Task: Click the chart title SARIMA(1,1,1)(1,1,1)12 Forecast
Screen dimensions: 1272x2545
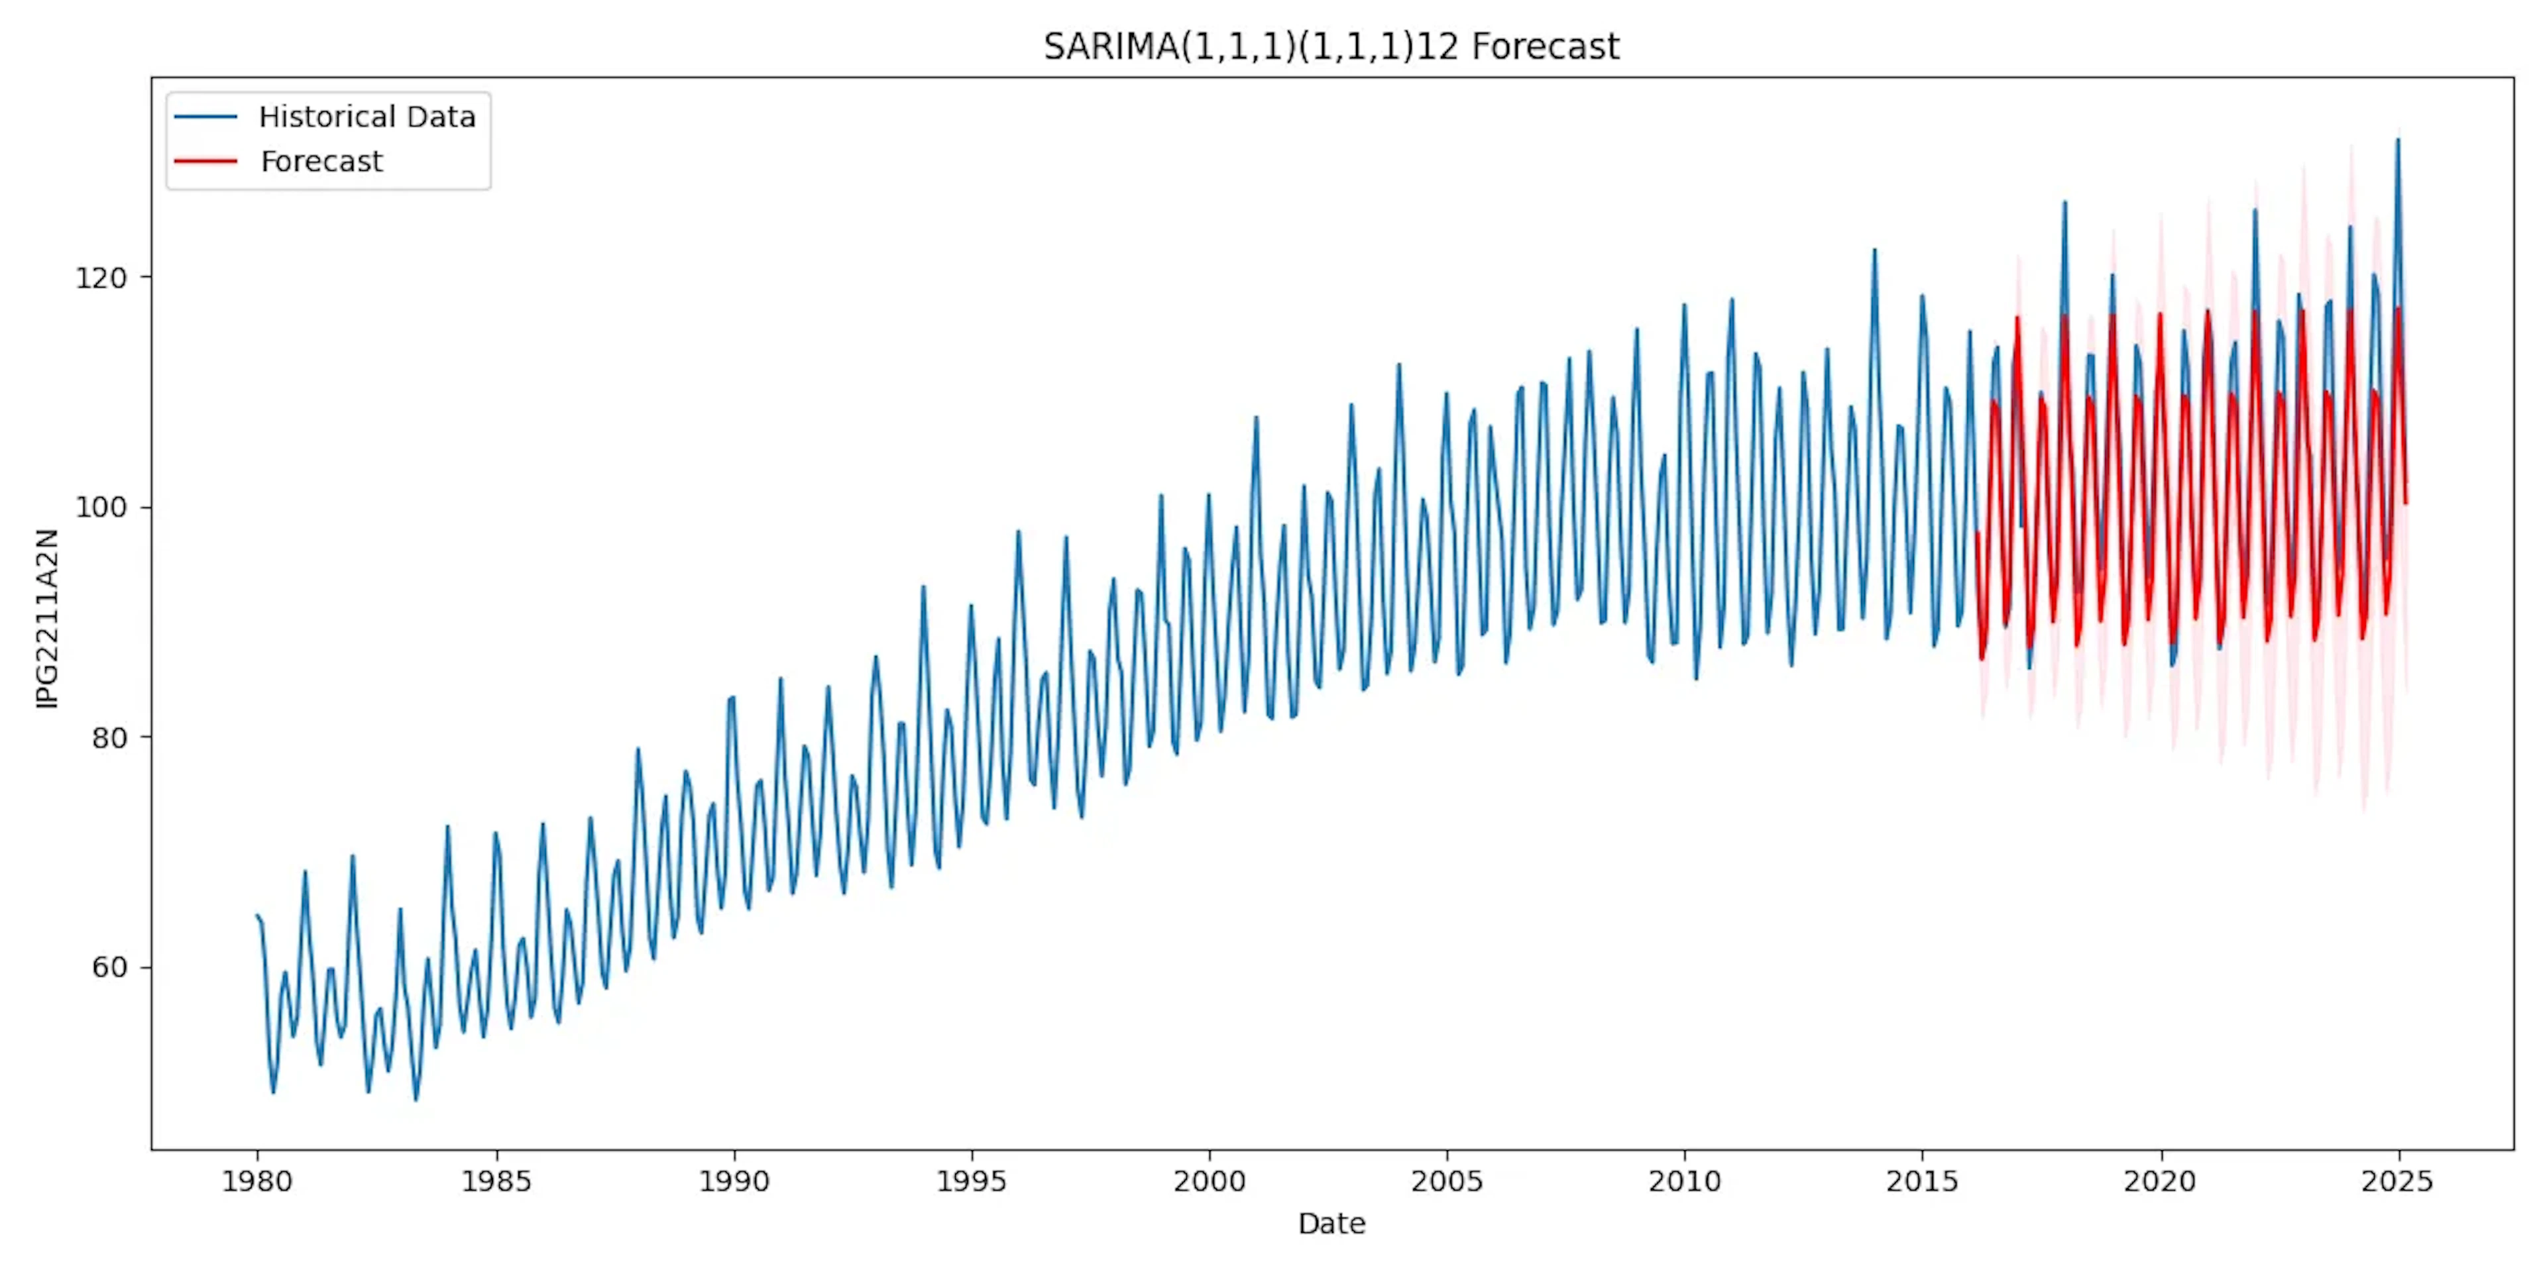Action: point(1331,46)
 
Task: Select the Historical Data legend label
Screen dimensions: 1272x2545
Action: point(367,117)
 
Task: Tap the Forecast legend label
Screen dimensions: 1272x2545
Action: point(321,162)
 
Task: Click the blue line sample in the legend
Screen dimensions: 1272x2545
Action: point(205,117)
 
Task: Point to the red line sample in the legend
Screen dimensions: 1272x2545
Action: point(205,162)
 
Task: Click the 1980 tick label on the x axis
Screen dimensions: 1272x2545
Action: point(257,1181)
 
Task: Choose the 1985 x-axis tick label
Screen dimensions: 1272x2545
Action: point(496,1181)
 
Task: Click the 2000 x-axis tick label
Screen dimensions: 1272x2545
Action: point(1210,1181)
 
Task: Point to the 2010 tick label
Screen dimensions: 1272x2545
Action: point(1685,1181)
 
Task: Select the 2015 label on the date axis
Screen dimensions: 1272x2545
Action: point(1921,1181)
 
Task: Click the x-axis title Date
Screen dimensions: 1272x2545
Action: point(1331,1224)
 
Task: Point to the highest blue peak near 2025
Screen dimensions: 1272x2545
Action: point(2397,141)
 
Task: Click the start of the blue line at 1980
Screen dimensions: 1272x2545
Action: point(257,916)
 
